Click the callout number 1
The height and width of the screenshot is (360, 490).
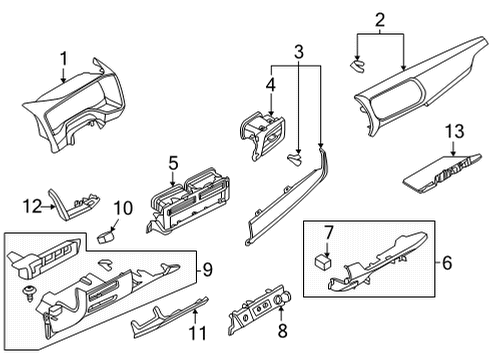(64, 59)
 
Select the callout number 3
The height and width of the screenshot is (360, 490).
(299, 52)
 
